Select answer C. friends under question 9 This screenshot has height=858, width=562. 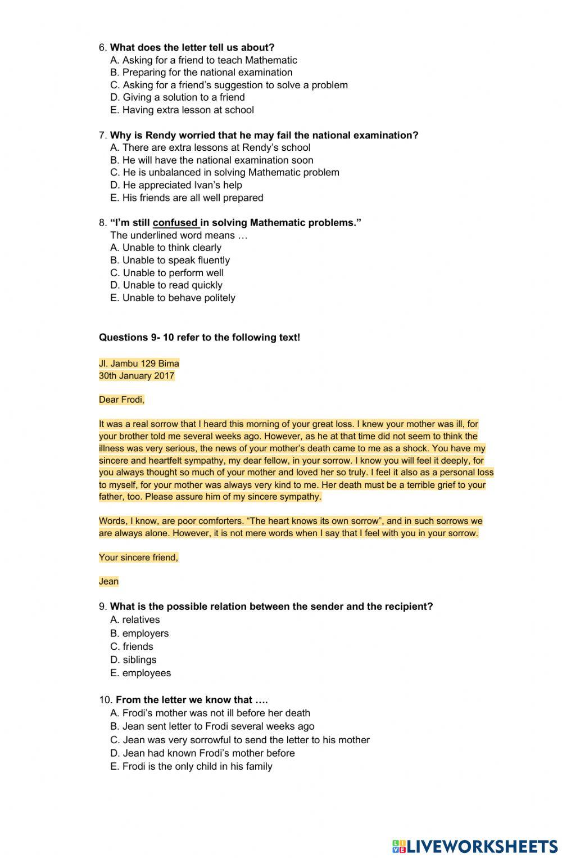pos(132,646)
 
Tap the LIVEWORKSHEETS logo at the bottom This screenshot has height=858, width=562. pos(474,846)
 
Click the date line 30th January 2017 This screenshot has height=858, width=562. pos(137,376)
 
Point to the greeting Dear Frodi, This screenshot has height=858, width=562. pos(121,400)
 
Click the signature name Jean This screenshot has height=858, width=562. pos(108,582)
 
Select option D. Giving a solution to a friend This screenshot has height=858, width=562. pos(178,97)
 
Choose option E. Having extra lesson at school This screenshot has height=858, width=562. pos(182,110)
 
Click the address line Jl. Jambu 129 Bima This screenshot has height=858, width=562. pos(139,363)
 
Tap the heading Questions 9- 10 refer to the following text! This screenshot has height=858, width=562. pos(200,338)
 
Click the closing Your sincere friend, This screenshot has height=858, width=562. pos(138,558)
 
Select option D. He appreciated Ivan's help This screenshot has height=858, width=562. pos(176,185)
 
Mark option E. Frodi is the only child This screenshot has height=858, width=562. pos(191,766)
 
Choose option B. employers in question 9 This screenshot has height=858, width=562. pos(139,633)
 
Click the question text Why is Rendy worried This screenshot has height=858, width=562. pos(264,135)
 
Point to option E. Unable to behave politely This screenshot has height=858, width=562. pos(173,298)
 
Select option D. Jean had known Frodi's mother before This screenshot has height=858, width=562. pos(202,753)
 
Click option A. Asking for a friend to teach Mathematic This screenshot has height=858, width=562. pos(203,60)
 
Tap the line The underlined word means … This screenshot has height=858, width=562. pos(179,235)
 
